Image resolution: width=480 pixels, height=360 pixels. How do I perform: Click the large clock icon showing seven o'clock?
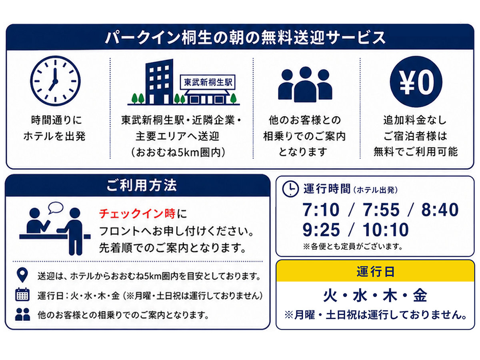pyautogui.click(x=55, y=81)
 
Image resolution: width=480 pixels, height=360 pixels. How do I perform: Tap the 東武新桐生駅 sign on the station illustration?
pyautogui.click(x=208, y=82)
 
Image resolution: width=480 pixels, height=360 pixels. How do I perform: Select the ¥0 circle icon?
pyautogui.click(x=416, y=82)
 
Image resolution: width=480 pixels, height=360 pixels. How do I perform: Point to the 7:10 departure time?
pyautogui.click(x=320, y=210)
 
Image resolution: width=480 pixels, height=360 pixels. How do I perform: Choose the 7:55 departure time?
pyautogui.click(x=381, y=210)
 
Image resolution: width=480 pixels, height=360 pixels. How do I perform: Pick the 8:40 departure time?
pyautogui.click(x=440, y=210)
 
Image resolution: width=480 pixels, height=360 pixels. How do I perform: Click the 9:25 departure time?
pyautogui.click(x=321, y=230)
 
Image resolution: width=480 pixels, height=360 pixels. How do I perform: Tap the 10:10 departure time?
pyautogui.click(x=386, y=230)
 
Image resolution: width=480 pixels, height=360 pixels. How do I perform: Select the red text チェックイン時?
pyautogui.click(x=137, y=214)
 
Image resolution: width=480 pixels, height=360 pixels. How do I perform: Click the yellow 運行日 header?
pyautogui.click(x=375, y=271)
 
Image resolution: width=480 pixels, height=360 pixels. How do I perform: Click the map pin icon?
pyautogui.click(x=22, y=274)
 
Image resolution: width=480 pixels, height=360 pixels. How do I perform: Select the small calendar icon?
pyautogui.click(x=22, y=294)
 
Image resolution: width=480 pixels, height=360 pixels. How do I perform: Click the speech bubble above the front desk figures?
pyautogui.click(x=56, y=208)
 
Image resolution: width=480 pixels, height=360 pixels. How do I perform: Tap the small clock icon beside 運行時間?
pyautogui.click(x=290, y=188)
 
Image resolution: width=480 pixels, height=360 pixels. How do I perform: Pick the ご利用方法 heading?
pyautogui.click(x=142, y=185)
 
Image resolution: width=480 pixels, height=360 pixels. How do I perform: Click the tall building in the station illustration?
pyautogui.click(x=159, y=82)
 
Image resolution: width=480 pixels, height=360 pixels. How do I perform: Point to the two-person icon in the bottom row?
pyautogui.click(x=22, y=314)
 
